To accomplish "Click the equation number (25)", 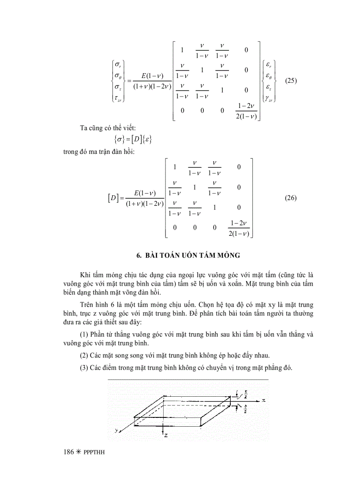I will [x=291, y=81].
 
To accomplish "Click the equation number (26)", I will [x=291, y=198].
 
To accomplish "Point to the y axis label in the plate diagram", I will [x=116, y=430].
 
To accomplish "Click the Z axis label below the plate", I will [x=165, y=435].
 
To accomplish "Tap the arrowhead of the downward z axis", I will [x=163, y=430].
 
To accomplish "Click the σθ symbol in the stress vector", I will [x=118, y=76].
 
